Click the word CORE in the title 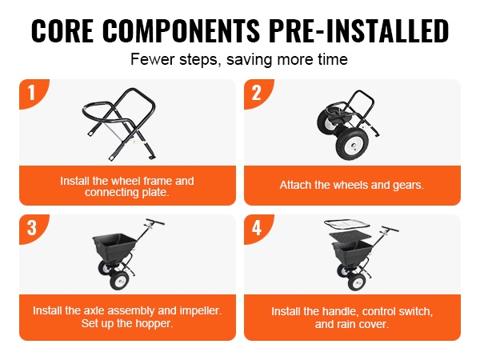point(62,30)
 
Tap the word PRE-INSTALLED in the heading point(358,30)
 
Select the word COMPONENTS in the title point(182,30)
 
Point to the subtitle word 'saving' point(249,59)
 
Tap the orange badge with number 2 point(257,93)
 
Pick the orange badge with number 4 point(257,228)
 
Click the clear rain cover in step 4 point(347,226)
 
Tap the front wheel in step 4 point(357,282)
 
